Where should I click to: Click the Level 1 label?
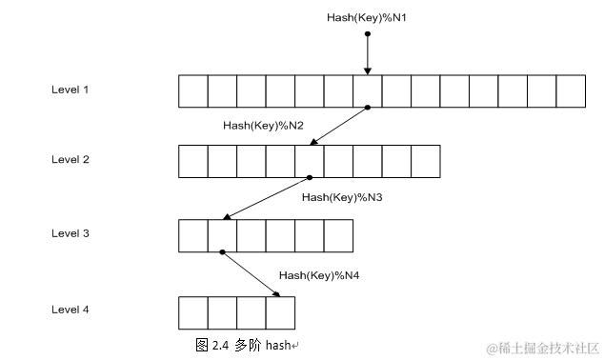(70, 90)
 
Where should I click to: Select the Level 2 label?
(70, 159)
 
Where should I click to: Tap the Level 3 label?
(70, 233)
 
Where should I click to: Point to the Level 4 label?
(70, 310)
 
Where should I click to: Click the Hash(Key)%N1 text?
(367, 18)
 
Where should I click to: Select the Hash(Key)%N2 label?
(263, 125)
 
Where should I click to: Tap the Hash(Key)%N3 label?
(342, 197)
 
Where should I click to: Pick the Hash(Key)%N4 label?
(318, 274)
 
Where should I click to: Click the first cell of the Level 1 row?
(193, 91)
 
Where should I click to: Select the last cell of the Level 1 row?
(571, 91)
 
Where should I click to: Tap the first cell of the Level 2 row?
(193, 162)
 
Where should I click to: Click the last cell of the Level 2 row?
(425, 162)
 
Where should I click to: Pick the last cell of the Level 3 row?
(338, 235)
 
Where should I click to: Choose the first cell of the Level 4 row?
(193, 312)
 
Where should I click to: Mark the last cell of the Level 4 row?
(280, 312)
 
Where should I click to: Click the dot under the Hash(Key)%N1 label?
(367, 33)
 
